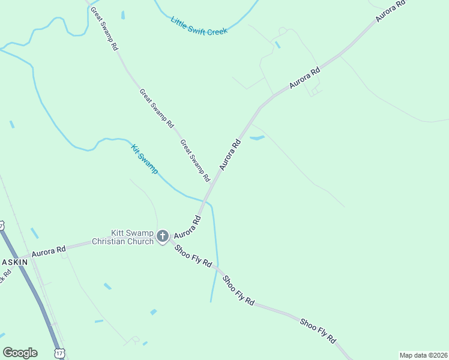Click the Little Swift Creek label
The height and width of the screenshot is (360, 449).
(x=199, y=26)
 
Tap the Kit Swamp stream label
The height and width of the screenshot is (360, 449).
(x=144, y=159)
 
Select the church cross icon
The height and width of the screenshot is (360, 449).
(x=163, y=236)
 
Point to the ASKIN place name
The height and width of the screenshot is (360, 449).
(x=14, y=263)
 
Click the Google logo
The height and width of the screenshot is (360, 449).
(x=20, y=353)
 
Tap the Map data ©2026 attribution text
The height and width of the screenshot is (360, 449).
(x=423, y=355)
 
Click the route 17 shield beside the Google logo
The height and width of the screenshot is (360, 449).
(x=59, y=353)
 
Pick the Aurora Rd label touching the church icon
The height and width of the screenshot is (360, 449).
(x=187, y=227)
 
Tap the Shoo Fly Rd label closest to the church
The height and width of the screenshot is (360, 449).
(x=193, y=256)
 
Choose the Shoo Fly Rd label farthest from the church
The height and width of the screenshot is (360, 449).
(x=318, y=330)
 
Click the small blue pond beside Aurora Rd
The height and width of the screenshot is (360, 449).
(x=256, y=138)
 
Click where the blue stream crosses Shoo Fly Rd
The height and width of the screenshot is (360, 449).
(x=217, y=271)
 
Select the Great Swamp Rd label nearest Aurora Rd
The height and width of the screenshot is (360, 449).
(x=196, y=161)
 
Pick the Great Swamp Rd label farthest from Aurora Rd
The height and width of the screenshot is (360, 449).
(x=103, y=28)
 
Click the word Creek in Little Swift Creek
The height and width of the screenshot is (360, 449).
(x=216, y=31)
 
